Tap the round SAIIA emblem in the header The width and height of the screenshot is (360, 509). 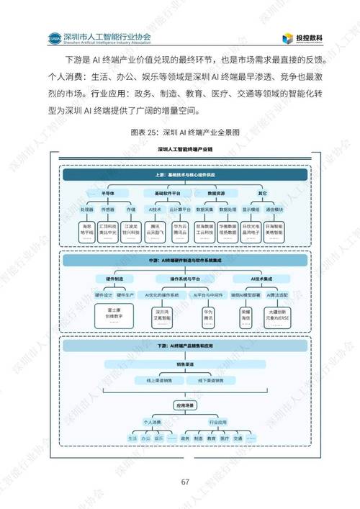click(x=53, y=37)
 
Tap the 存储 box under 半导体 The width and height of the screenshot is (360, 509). click(x=130, y=209)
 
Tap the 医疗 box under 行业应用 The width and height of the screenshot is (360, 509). click(x=225, y=437)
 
